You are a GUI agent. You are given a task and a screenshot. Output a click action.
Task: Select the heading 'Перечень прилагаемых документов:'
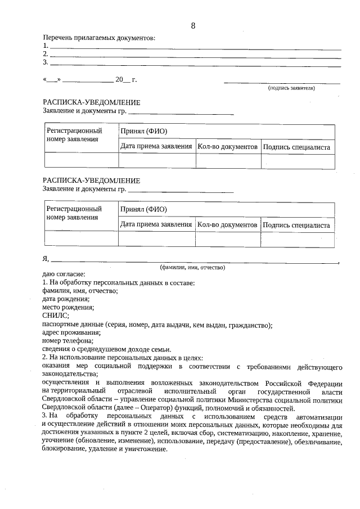99,38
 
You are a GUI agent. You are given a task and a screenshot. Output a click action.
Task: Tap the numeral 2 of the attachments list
45,54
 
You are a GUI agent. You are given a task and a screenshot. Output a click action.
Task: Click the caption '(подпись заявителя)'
291,88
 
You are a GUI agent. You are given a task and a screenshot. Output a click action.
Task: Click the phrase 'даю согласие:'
63,274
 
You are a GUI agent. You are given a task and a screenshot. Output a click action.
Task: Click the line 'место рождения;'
68,307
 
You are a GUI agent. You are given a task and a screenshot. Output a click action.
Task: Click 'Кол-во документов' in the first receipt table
227,147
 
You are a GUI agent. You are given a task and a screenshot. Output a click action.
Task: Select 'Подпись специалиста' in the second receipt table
296,225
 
